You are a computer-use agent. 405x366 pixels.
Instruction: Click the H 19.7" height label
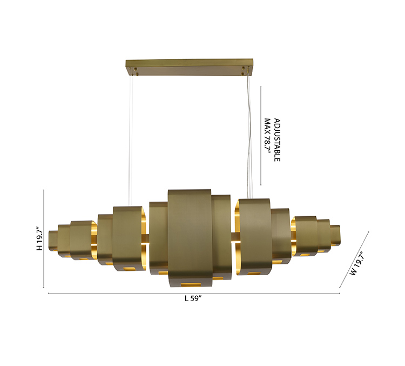point(39,239)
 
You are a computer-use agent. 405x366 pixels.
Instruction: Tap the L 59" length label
point(193,298)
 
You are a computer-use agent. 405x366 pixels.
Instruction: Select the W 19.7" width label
point(357,263)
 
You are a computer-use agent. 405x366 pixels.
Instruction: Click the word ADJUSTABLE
point(277,140)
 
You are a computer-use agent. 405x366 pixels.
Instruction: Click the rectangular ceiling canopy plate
point(190,67)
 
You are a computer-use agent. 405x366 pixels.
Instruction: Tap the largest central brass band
point(190,238)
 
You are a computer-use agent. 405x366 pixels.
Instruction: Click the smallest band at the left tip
point(53,241)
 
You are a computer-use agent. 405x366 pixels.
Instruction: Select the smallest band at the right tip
point(335,235)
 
